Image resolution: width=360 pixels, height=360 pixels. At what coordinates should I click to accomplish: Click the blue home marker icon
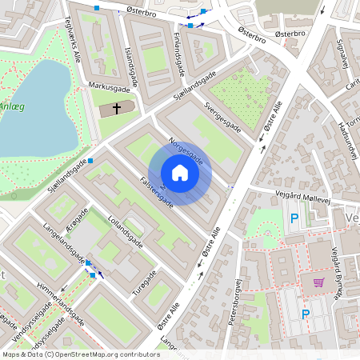180,173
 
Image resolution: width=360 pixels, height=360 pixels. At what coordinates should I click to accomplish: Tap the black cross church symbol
116,107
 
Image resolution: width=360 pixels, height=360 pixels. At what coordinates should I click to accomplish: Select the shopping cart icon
318,282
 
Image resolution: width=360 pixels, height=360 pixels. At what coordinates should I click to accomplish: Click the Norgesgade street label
186,150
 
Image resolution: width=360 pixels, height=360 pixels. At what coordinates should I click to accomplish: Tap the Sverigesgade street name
222,115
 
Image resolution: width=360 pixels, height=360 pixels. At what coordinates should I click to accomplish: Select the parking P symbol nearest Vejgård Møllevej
294,218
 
